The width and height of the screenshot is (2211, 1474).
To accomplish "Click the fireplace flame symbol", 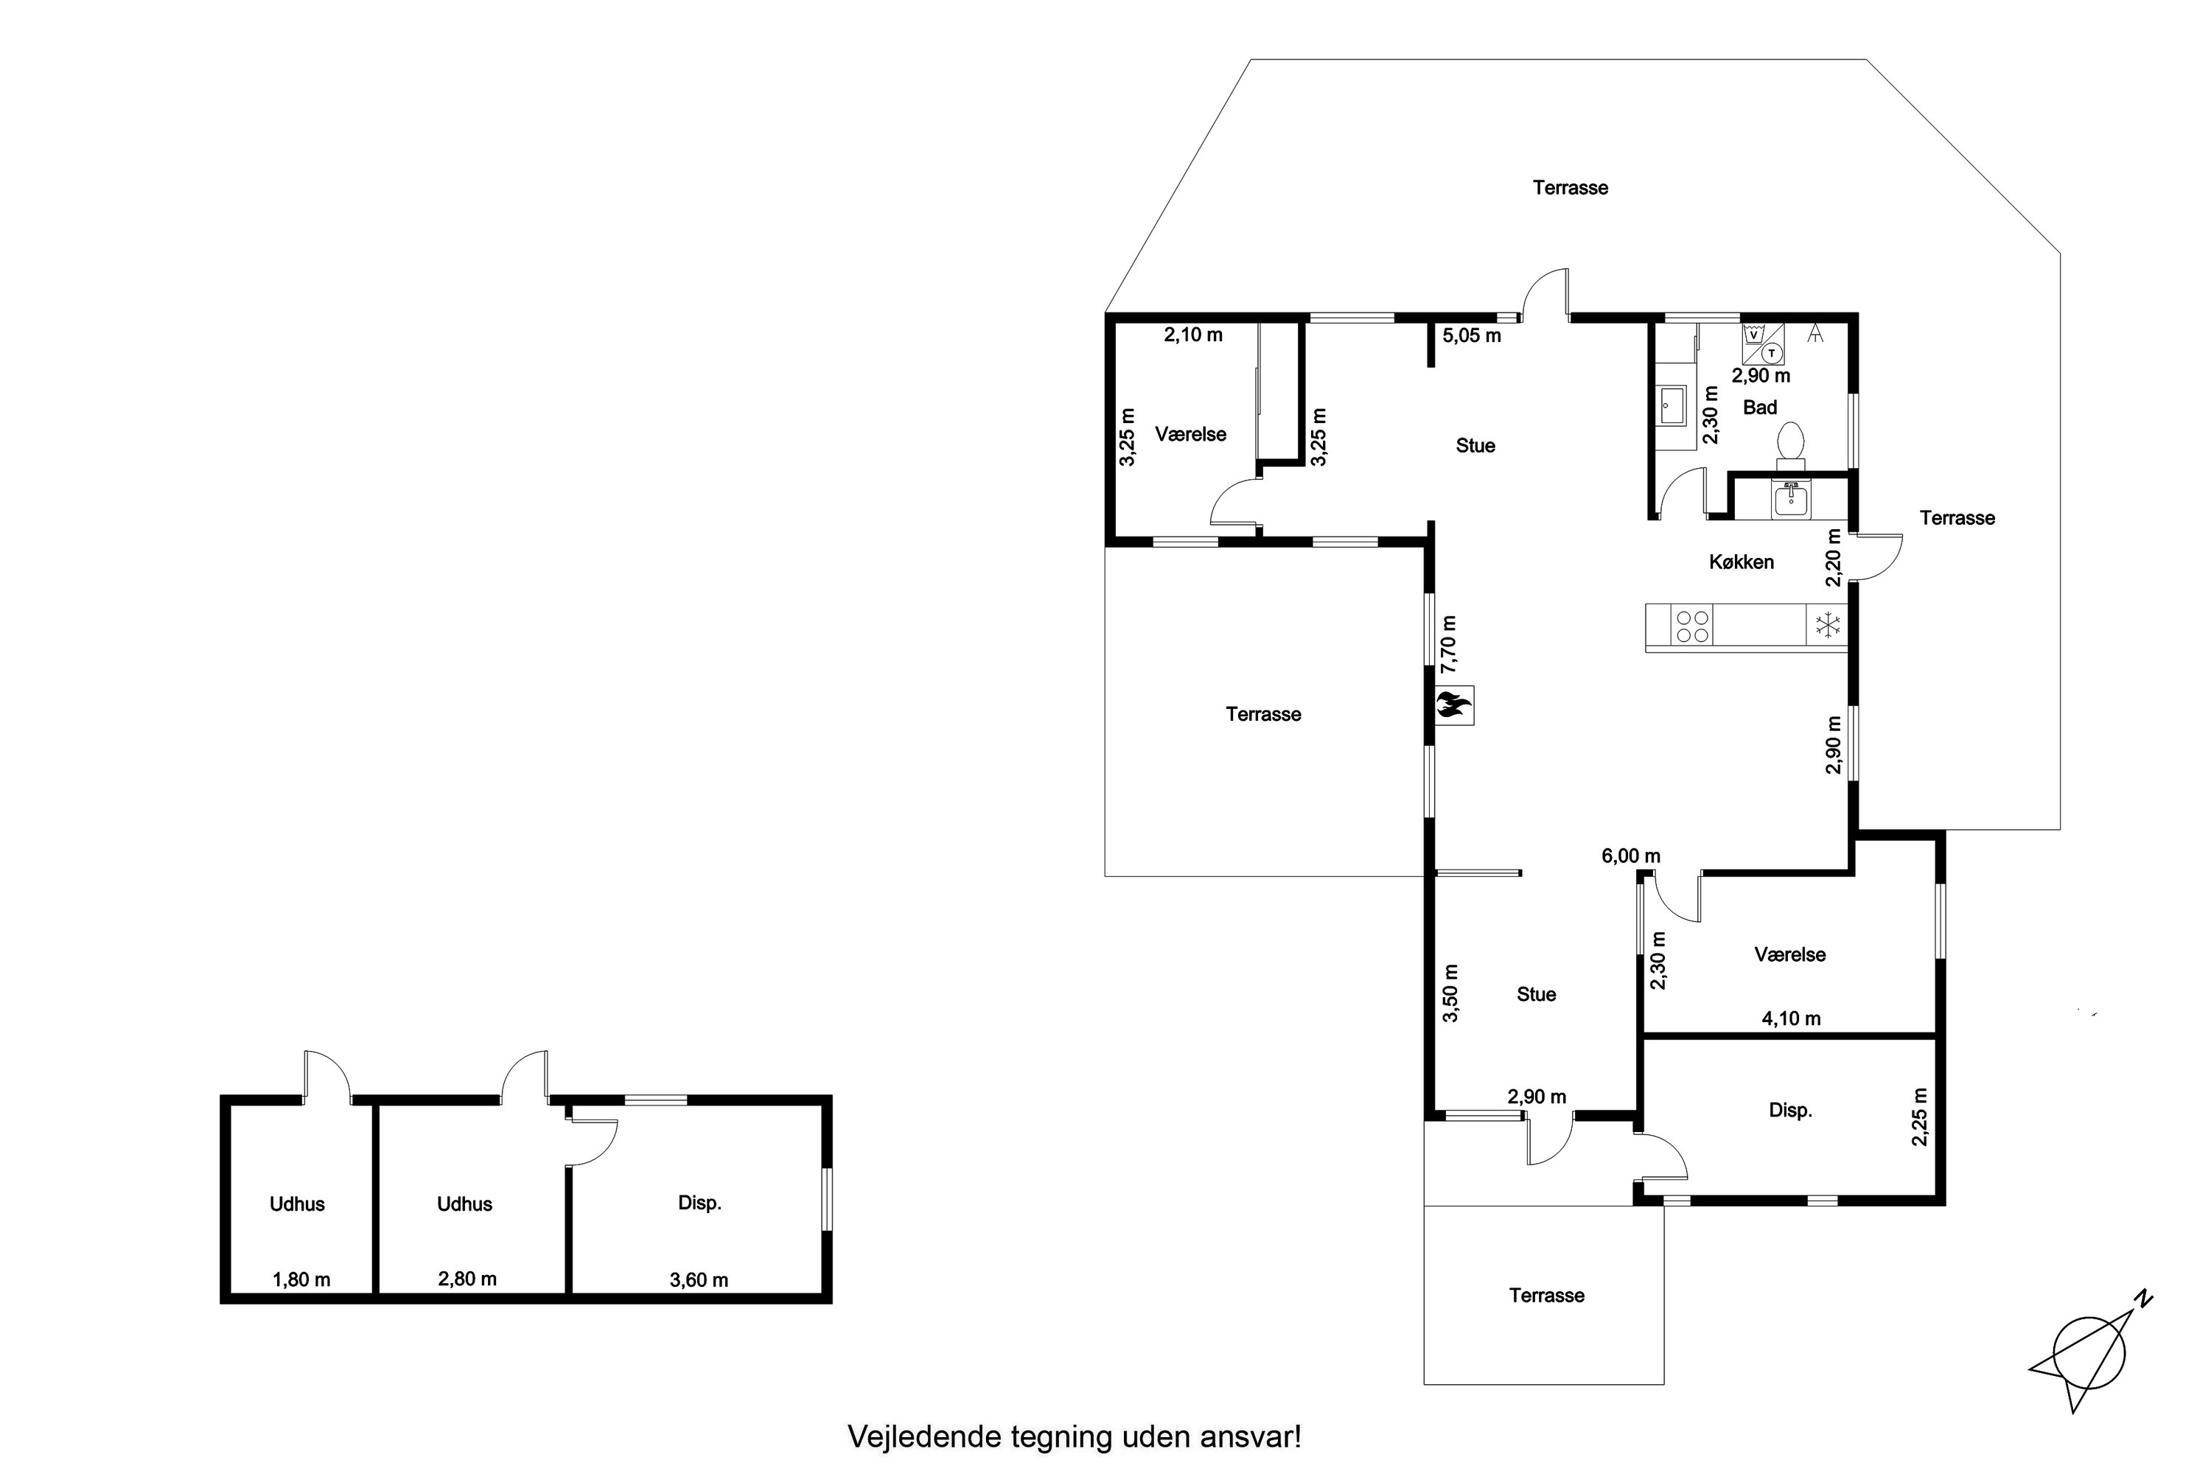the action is [x=1453, y=705].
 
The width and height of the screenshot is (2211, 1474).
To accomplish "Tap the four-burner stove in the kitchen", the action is [x=1692, y=625].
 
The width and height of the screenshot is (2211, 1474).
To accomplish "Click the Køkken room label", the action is [x=1741, y=562].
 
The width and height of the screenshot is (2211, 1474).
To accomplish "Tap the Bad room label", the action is [x=1760, y=407].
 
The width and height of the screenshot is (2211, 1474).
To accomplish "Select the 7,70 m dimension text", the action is [x=1449, y=644].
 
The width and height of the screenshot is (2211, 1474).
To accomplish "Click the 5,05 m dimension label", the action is [x=1472, y=335].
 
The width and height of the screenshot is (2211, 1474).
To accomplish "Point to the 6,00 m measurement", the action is [x=1631, y=856].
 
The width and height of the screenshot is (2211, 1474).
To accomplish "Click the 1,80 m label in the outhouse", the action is [x=301, y=1279].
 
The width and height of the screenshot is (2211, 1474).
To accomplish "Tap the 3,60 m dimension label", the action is [x=699, y=1279].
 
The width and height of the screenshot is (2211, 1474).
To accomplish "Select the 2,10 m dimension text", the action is [x=1193, y=335].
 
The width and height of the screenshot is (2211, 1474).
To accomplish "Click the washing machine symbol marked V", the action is [x=1753, y=335].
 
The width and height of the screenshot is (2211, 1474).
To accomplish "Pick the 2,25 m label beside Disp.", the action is [x=1920, y=1117].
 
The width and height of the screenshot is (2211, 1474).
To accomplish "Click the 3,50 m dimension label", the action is [x=1450, y=993].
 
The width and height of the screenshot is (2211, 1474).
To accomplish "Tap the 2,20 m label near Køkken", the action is [x=1833, y=557].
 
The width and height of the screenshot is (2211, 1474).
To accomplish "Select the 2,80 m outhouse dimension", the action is [x=467, y=1279].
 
